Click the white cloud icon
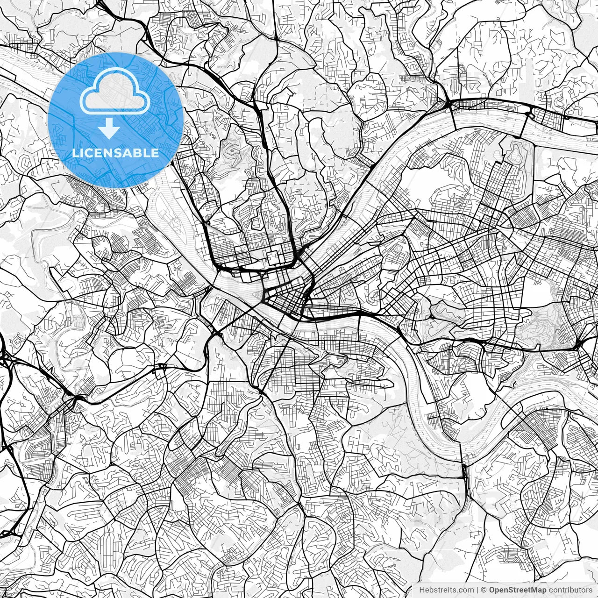tap(115, 93)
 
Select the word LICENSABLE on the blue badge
tap(115, 153)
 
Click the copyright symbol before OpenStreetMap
tap(484, 590)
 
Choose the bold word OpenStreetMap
tap(517, 590)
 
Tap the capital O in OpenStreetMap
tap(492, 590)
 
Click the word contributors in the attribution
tap(570, 590)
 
